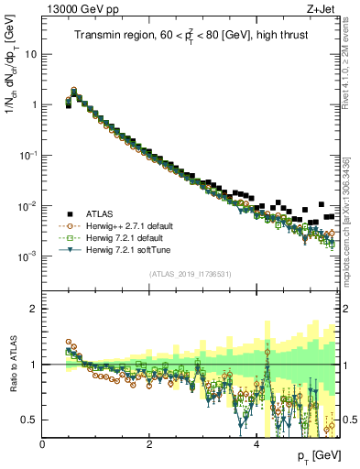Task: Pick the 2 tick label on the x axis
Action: point(149,443)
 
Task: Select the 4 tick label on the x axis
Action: point(256,443)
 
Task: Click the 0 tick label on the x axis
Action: point(43,443)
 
